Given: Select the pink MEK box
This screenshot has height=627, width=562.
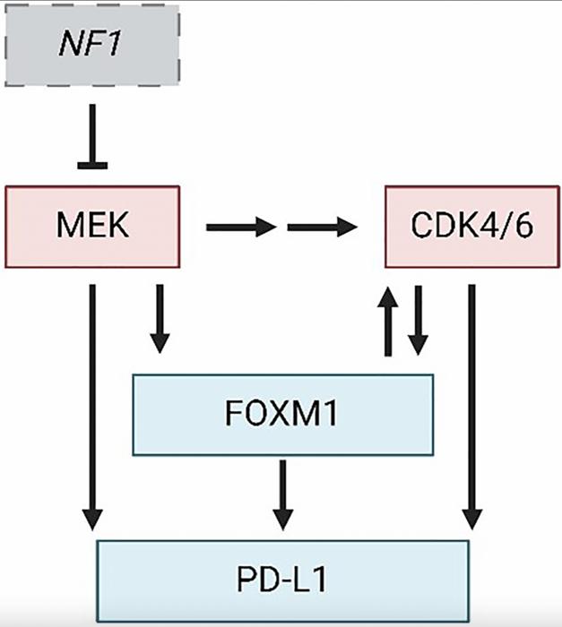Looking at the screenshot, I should tap(91, 227).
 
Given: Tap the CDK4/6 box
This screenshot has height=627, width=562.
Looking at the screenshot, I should tap(471, 227).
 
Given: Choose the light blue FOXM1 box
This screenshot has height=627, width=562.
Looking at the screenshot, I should tap(282, 415).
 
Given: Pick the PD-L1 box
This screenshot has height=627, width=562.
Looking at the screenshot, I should tap(282, 579).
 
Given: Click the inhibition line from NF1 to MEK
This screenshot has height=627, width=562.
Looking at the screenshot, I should tap(91, 134).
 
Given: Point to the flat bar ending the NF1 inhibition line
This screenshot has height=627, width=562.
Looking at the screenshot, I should tap(91, 164).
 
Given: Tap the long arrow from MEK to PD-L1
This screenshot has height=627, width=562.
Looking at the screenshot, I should tap(91, 403).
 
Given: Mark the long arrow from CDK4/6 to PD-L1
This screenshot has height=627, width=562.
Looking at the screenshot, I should tap(472, 403).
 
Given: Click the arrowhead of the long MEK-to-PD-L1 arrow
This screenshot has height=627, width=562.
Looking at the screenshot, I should tap(91, 519).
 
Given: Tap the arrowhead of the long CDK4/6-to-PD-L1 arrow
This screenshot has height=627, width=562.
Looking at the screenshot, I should tap(472, 519).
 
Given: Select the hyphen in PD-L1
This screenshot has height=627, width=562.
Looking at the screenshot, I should tap(282, 580).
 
